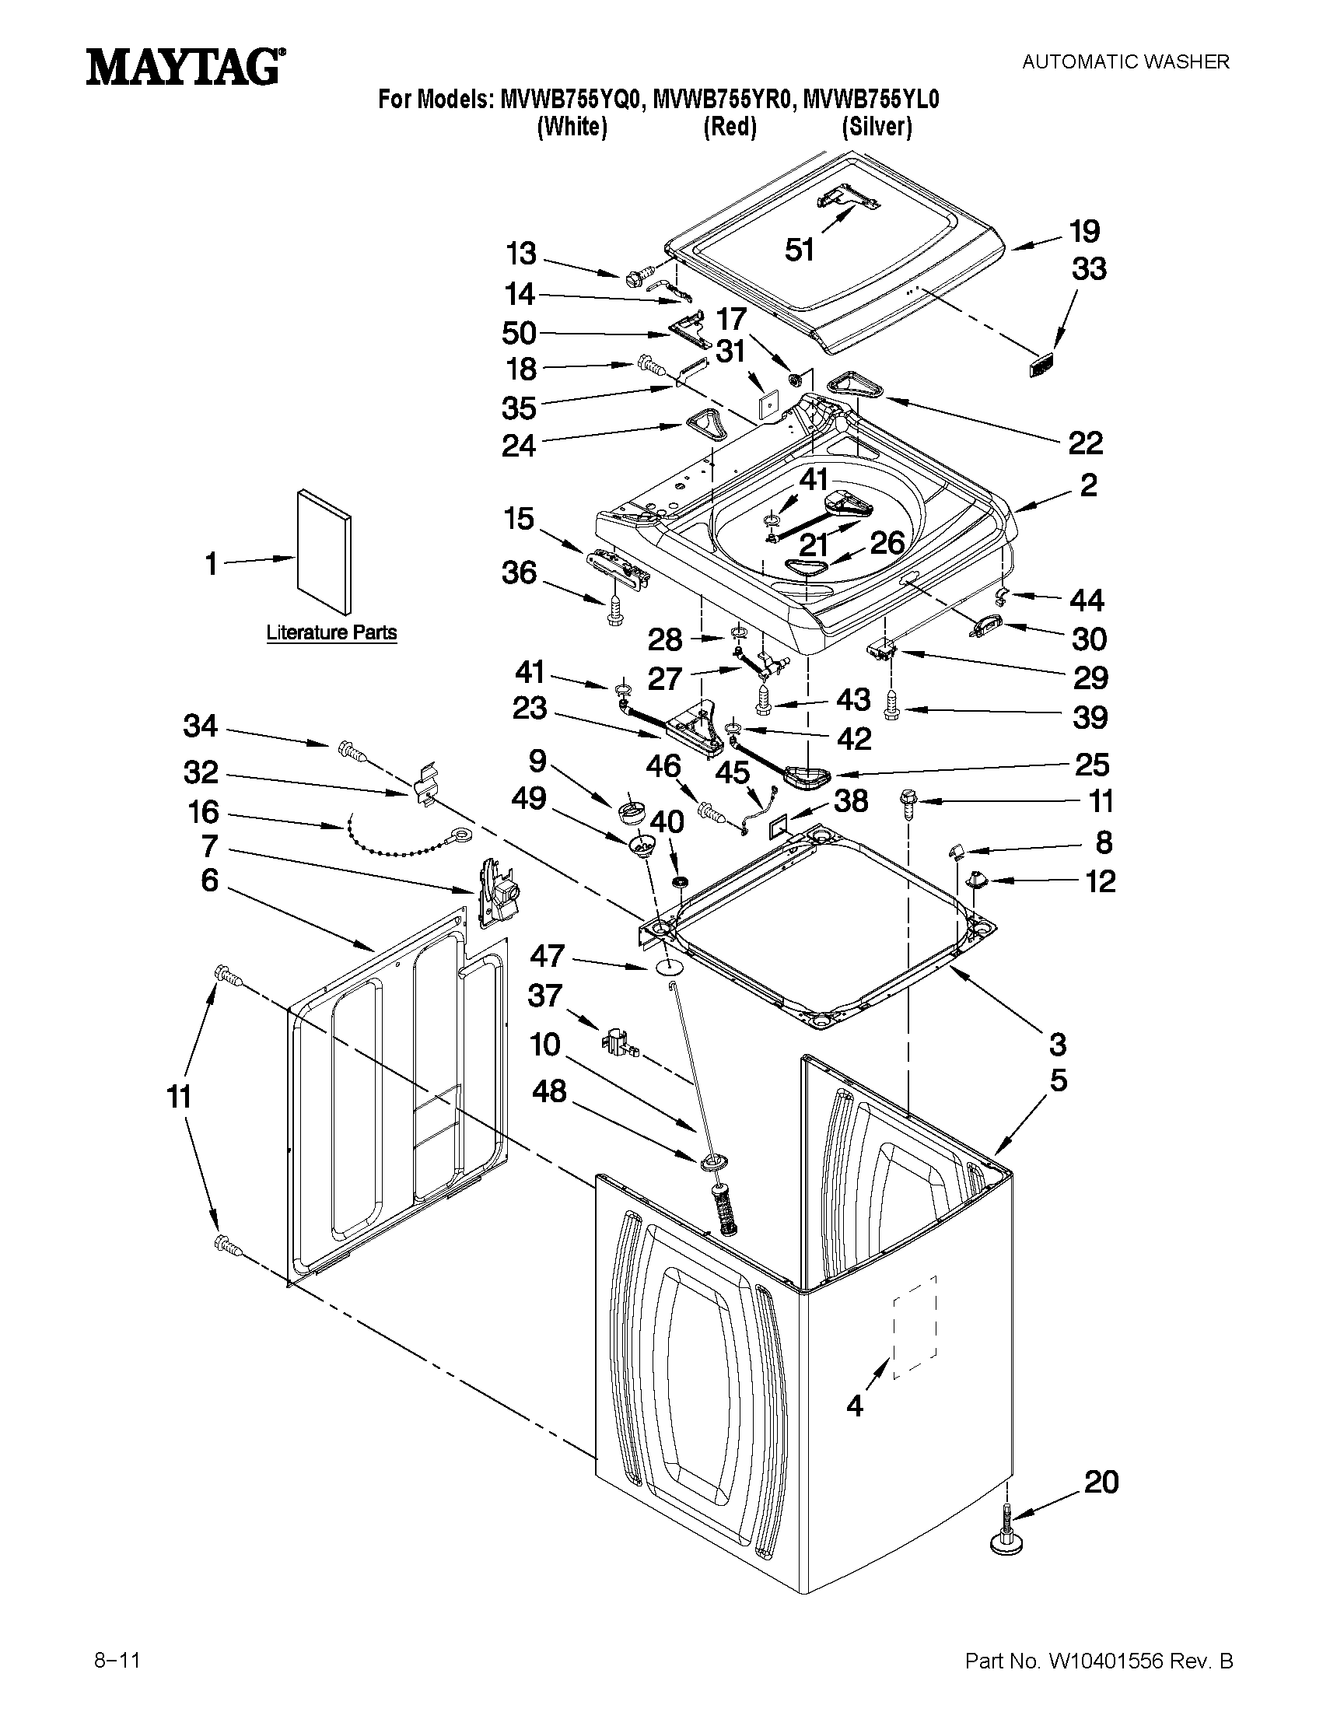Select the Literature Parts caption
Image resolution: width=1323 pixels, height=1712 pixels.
(331, 632)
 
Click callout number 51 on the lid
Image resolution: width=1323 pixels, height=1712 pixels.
(800, 250)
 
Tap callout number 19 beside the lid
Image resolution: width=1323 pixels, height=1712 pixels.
(1086, 231)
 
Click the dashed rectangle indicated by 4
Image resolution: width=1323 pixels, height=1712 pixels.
(915, 1325)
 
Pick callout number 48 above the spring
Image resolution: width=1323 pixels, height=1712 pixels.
(549, 1091)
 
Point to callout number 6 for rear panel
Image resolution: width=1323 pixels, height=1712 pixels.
(209, 881)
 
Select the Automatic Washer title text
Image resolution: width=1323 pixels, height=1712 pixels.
(1125, 61)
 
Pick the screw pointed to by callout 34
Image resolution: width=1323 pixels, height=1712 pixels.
(349, 751)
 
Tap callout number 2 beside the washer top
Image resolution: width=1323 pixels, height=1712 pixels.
(1088, 485)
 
